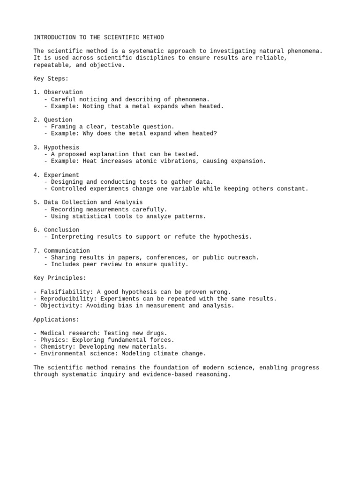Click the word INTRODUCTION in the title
(x=54, y=37)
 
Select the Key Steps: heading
(x=51, y=79)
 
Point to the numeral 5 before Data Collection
(x=35, y=202)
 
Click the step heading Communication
(x=67, y=251)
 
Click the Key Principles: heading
(x=60, y=278)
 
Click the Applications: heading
(x=56, y=320)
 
